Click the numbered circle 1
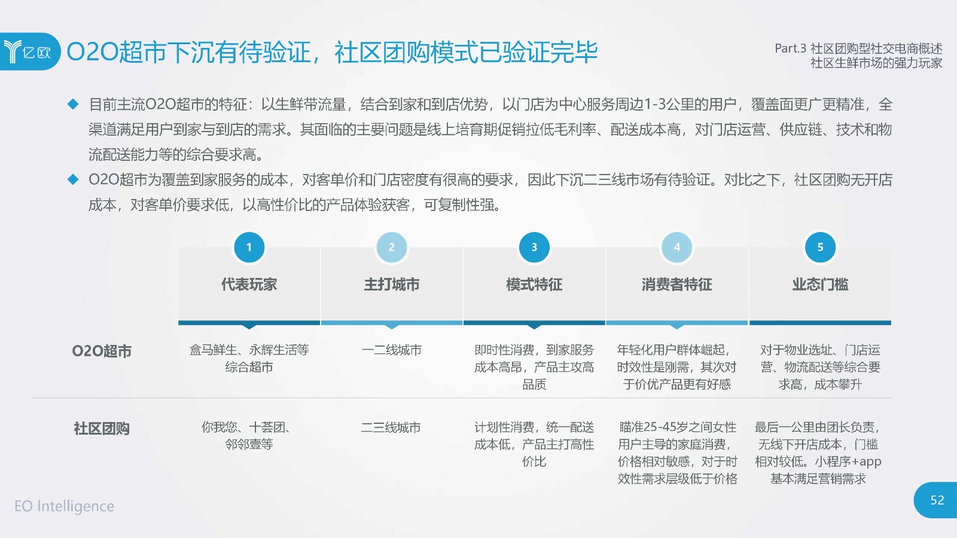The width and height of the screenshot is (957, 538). click(249, 247)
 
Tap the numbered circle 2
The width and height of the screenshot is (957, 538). click(391, 247)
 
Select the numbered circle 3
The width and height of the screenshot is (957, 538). click(534, 247)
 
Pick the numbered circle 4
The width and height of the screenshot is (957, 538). click(676, 247)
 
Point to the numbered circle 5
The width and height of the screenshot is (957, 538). click(820, 247)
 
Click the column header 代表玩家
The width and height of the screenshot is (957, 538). click(249, 285)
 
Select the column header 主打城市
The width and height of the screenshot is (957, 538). click(392, 285)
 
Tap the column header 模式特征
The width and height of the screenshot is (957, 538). click(534, 285)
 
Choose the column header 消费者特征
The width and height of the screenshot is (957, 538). click(676, 285)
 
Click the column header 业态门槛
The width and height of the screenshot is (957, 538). click(820, 285)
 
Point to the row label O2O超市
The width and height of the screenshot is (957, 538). click(102, 351)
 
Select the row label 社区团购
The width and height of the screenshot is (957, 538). click(102, 428)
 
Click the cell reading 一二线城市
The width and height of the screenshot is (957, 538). click(391, 350)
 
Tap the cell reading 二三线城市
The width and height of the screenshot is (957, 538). click(391, 427)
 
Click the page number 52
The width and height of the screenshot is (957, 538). click(937, 500)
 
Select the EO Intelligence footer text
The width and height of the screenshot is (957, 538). click(65, 506)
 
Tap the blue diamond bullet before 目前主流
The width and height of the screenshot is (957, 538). click(73, 104)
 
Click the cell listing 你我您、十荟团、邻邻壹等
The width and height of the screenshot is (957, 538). click(249, 436)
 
